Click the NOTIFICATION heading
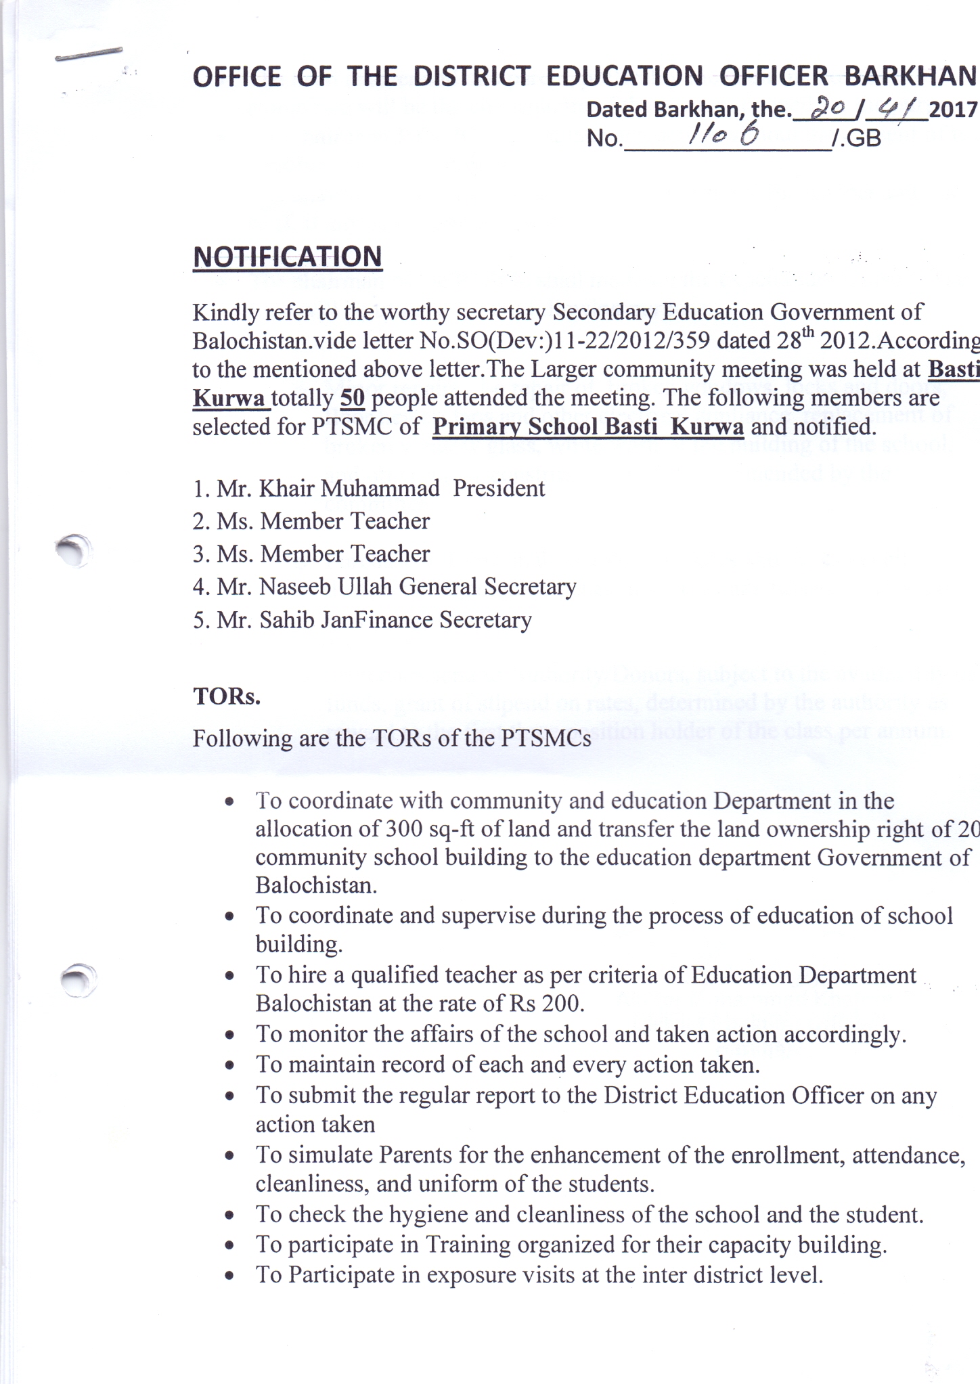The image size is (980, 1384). (288, 257)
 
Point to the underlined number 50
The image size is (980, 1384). (353, 398)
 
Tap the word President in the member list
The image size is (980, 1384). (499, 488)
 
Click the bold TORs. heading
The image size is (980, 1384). (227, 696)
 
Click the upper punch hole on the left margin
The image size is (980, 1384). (73, 549)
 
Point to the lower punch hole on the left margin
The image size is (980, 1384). (77, 978)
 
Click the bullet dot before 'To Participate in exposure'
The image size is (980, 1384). (230, 1276)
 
